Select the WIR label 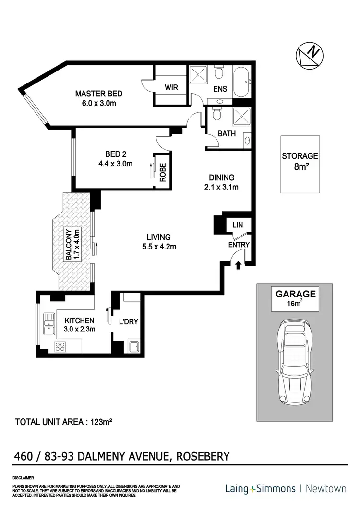coord(171,88)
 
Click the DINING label coord(221,177)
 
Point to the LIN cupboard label coord(238,225)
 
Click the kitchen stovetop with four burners coord(60,347)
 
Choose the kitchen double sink coord(49,324)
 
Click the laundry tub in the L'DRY coord(134,346)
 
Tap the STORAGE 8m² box coord(300,164)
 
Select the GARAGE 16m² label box coord(294,299)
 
